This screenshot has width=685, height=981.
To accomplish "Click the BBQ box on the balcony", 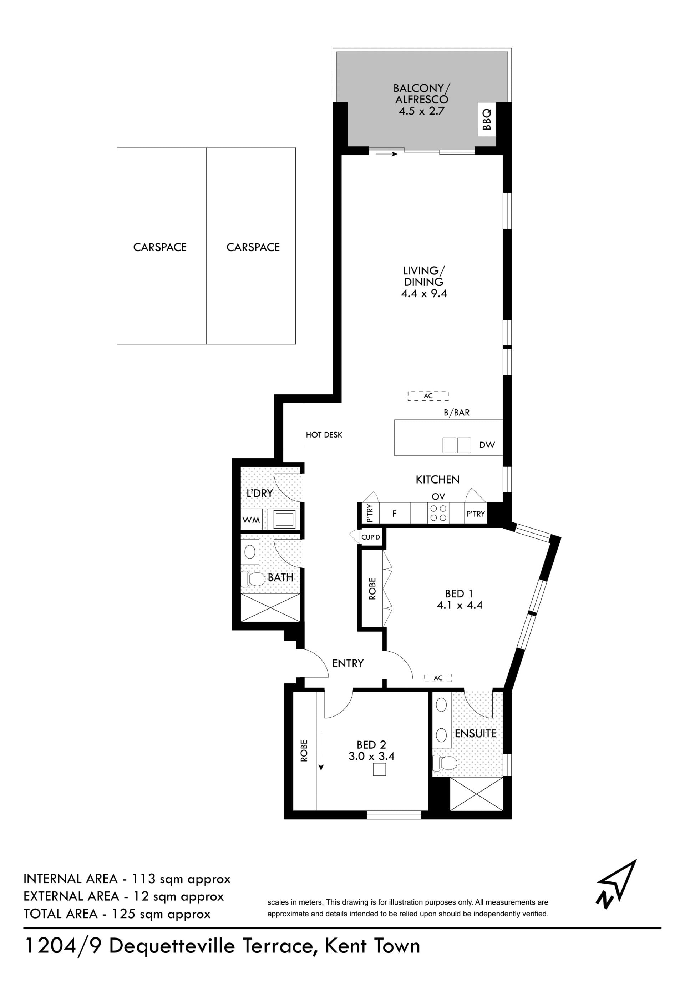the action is pyautogui.click(x=487, y=120).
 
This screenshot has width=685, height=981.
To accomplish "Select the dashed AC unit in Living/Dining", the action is pyautogui.click(x=428, y=396).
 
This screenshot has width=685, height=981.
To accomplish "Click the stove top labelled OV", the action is pyautogui.click(x=438, y=513).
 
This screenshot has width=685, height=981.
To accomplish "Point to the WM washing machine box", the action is pyautogui.click(x=251, y=520).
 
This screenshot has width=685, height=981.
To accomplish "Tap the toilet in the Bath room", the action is pyautogui.click(x=253, y=580).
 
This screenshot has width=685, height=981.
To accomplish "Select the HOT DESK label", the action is pyautogui.click(x=324, y=435).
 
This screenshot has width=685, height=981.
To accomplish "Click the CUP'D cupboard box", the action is pyautogui.click(x=371, y=537).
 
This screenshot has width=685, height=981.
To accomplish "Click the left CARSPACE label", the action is pyautogui.click(x=160, y=247).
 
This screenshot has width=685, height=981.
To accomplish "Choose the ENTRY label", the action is pyautogui.click(x=348, y=663).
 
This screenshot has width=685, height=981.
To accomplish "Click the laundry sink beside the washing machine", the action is pyautogui.click(x=284, y=520).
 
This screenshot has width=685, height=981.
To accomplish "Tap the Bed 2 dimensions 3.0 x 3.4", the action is pyautogui.click(x=371, y=756).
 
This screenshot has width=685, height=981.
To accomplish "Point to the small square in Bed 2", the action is pyautogui.click(x=379, y=769).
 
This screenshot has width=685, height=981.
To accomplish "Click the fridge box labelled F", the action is pyautogui.click(x=395, y=513).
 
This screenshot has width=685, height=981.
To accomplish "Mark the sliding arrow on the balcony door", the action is pyautogui.click(x=386, y=154).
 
